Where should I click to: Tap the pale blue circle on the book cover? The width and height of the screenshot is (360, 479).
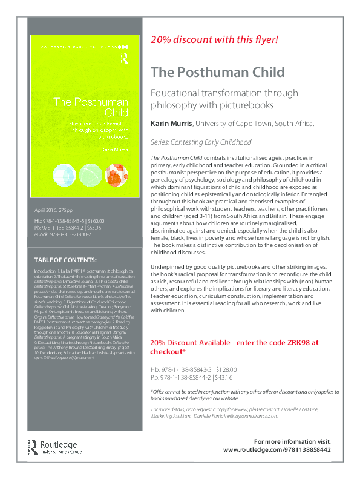[x=62, y=177]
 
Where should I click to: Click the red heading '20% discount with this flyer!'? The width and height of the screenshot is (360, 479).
[x=214, y=39]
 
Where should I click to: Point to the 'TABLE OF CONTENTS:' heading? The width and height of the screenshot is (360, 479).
[x=64, y=259]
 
